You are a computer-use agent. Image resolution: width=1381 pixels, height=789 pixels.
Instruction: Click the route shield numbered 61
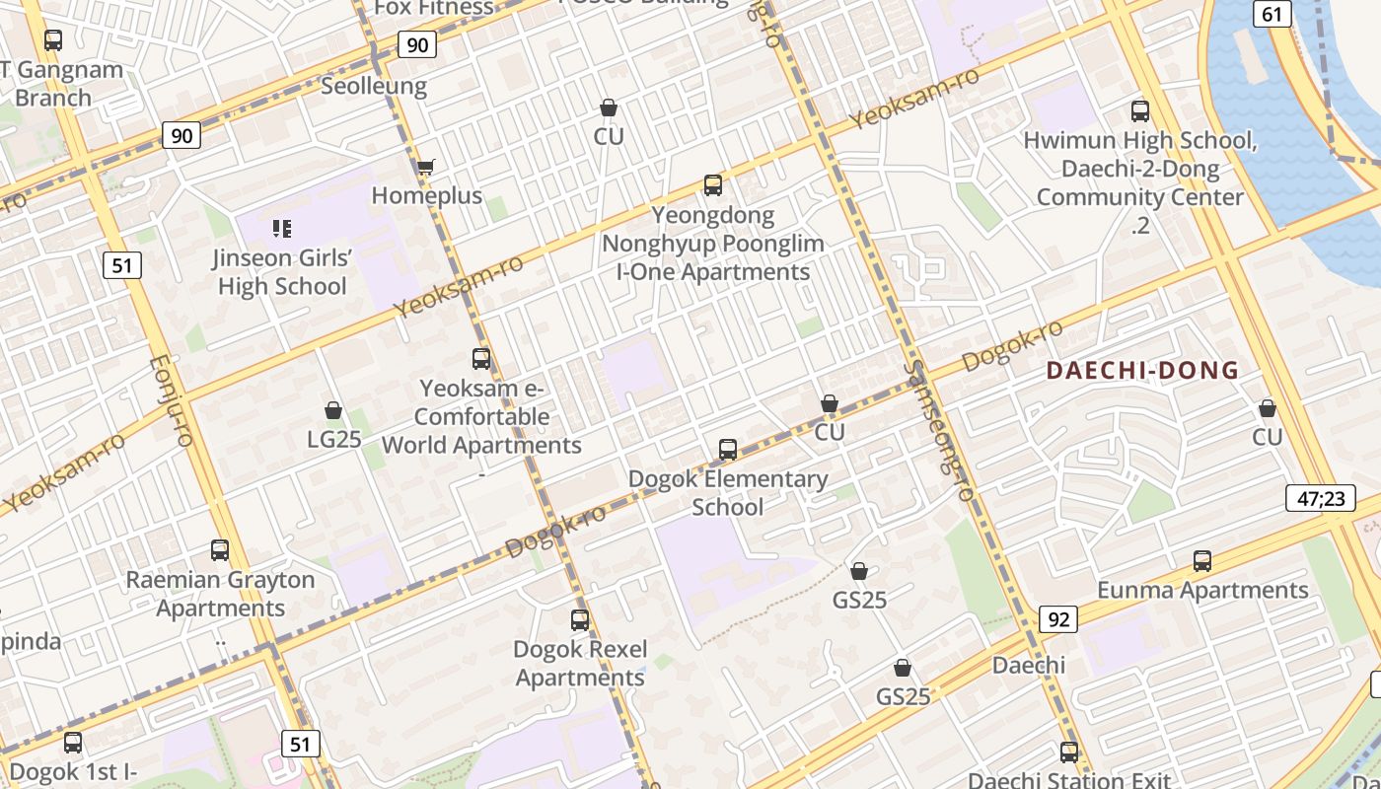pyautogui.click(x=1272, y=13)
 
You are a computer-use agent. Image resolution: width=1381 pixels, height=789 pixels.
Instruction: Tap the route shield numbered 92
pyautogui.click(x=1057, y=619)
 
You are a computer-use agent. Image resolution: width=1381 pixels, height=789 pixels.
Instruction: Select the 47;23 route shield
pyautogui.click(x=1320, y=498)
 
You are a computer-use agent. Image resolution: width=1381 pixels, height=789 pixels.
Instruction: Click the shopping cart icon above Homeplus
pyautogui.click(x=425, y=167)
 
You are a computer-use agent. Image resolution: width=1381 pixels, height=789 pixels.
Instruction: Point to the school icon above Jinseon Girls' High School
pyautogui.click(x=282, y=229)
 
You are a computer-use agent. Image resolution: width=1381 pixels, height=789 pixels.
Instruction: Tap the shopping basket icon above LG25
pyautogui.click(x=333, y=410)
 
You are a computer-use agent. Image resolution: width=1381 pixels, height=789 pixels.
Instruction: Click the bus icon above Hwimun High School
pyautogui.click(x=1140, y=111)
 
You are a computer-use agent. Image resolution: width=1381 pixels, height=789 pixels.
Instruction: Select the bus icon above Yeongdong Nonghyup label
pyautogui.click(x=712, y=184)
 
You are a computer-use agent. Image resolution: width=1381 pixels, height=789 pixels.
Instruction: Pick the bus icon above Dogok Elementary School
pyautogui.click(x=728, y=450)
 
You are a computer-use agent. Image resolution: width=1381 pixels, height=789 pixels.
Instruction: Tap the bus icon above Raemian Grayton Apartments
pyautogui.click(x=220, y=550)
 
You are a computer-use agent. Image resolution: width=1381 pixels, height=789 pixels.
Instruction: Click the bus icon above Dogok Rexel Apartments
pyautogui.click(x=580, y=620)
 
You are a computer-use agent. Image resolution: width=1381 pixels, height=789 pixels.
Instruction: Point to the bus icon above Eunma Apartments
pyautogui.click(x=1202, y=561)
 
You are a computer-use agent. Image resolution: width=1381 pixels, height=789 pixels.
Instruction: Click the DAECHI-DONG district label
pyautogui.click(x=1142, y=371)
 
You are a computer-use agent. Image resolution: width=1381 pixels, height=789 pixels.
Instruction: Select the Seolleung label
pyautogui.click(x=374, y=86)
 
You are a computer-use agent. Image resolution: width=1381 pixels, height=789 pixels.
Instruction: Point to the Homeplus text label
pyautogui.click(x=427, y=195)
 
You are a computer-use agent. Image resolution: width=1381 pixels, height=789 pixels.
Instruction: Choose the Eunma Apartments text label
pyautogui.click(x=1202, y=590)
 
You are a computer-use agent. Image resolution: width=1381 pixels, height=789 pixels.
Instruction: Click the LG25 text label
pyautogui.click(x=334, y=439)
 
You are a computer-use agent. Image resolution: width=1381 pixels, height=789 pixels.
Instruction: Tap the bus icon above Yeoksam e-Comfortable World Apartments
pyautogui.click(x=481, y=359)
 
